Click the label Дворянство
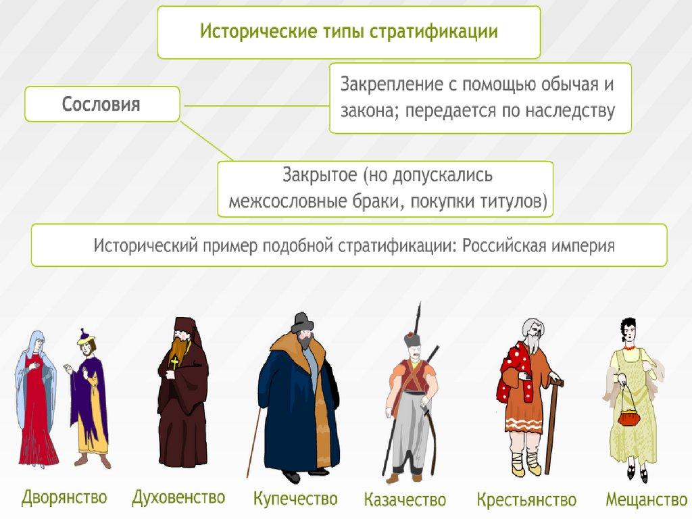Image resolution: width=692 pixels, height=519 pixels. pyautogui.click(x=64, y=499)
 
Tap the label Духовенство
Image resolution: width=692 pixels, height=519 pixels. pyautogui.click(x=178, y=497)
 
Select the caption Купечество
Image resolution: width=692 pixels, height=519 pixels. pyautogui.click(x=295, y=499)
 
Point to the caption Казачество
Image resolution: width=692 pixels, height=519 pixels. pyautogui.click(x=405, y=500)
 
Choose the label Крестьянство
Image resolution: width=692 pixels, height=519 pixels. pyautogui.click(x=526, y=500)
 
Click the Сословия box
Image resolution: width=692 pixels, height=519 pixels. pyautogui.click(x=102, y=104)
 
